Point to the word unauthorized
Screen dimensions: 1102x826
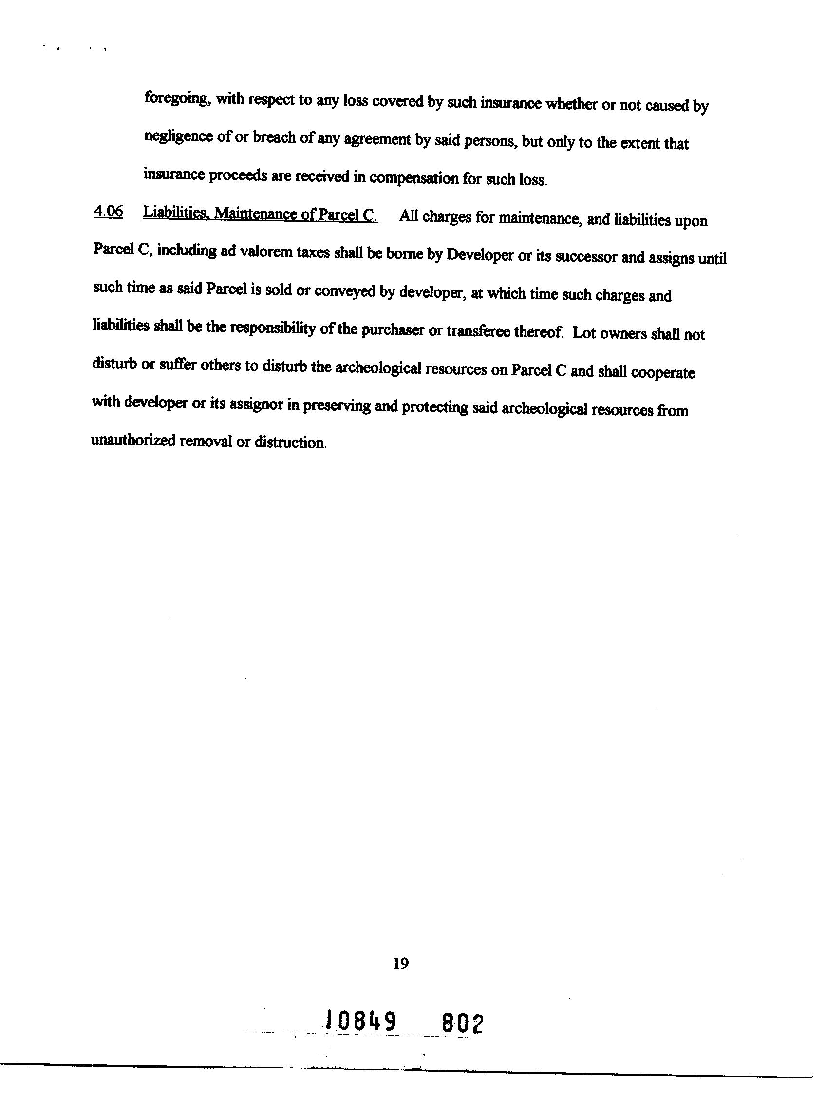tap(133, 441)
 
